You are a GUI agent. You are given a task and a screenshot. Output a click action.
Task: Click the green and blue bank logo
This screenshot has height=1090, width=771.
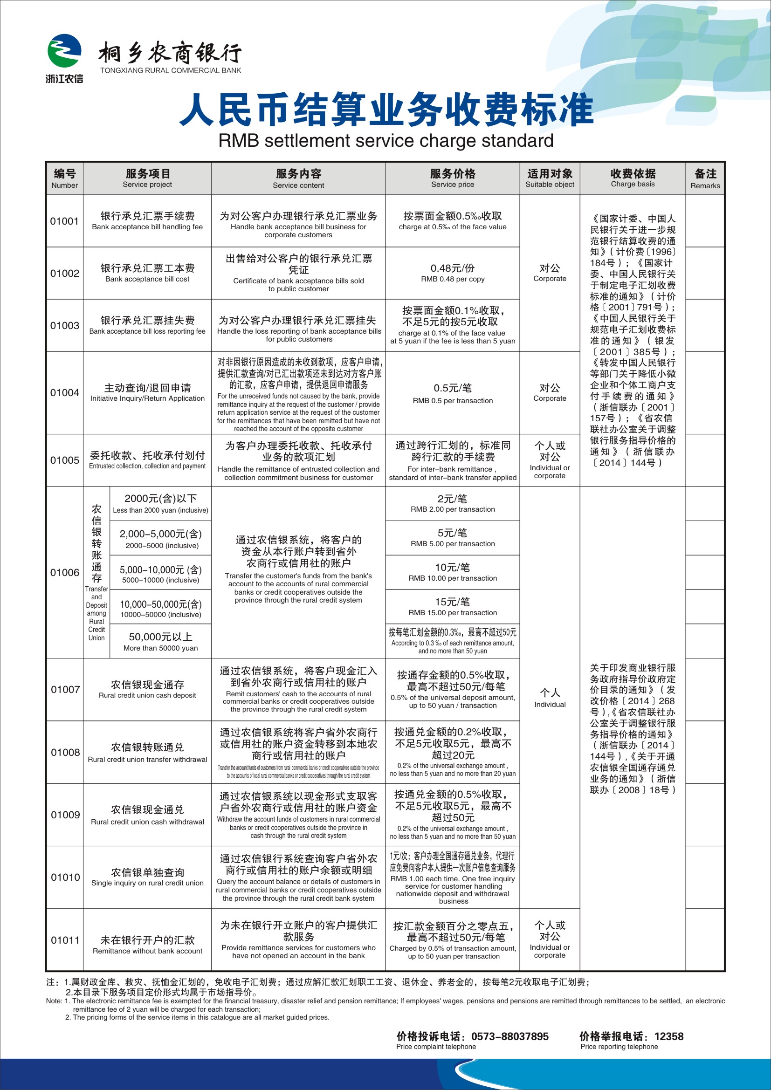(x=64, y=51)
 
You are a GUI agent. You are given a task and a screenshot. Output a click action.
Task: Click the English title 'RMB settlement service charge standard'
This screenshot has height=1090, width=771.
(x=385, y=141)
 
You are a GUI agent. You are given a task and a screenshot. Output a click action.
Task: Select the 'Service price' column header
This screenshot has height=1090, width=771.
(x=453, y=178)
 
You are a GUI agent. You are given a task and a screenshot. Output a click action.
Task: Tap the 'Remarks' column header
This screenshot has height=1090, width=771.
(x=705, y=178)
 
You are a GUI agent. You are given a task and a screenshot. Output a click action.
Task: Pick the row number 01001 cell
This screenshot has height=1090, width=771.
(x=65, y=221)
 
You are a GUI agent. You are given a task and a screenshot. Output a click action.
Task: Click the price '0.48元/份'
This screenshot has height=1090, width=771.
(x=453, y=268)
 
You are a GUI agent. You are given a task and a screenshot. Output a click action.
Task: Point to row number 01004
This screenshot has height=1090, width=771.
(x=65, y=392)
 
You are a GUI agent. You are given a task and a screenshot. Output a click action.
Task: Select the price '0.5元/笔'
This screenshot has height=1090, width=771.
(x=453, y=388)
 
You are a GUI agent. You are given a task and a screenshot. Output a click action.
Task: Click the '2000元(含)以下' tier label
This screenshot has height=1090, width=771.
(x=160, y=499)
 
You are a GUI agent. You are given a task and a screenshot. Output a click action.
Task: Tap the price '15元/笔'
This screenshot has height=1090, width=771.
(x=453, y=602)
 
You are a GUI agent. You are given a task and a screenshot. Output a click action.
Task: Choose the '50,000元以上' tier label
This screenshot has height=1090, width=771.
(x=160, y=637)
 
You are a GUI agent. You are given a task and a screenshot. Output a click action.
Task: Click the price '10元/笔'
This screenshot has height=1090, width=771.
(x=453, y=567)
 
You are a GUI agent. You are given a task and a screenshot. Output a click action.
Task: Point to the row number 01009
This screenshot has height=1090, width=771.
(x=65, y=815)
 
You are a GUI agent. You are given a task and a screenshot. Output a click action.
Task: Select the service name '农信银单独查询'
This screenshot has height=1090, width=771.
(x=147, y=872)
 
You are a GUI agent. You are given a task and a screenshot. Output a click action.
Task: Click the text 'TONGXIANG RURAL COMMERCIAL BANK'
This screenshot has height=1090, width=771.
(x=171, y=71)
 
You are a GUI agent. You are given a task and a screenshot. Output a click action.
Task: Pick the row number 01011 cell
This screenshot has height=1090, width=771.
(x=65, y=940)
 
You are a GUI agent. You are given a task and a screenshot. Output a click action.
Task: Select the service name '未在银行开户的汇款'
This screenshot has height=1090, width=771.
(x=147, y=940)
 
